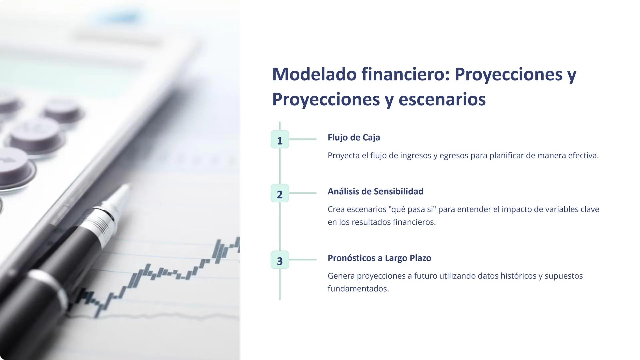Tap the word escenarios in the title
pyautogui.click(x=442, y=99)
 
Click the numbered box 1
pyautogui.click(x=280, y=140)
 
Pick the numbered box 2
pyautogui.click(x=280, y=193)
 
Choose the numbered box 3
pyautogui.click(x=280, y=260)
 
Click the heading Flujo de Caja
pyautogui.click(x=354, y=137)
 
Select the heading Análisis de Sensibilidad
pyautogui.click(x=375, y=191)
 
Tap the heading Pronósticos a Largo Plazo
pyautogui.click(x=379, y=258)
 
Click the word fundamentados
pyautogui.click(x=358, y=289)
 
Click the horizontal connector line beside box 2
pyautogui.click(x=303, y=193)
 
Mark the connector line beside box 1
pyautogui.click(x=303, y=139)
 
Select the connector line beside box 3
pyautogui.click(x=303, y=260)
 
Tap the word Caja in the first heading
pyautogui.click(x=371, y=137)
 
